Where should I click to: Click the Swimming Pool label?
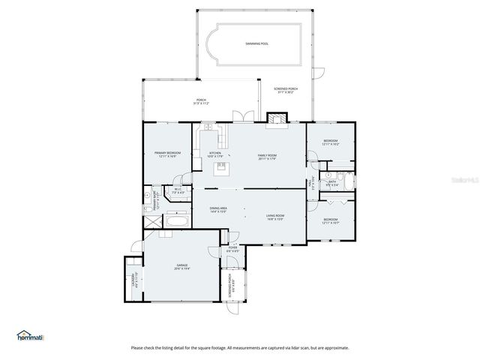(256, 44)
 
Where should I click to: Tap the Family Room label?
(267, 157)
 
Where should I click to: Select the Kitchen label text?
(216, 155)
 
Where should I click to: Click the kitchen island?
(222, 169)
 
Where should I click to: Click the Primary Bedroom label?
(165, 154)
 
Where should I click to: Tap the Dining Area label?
(218, 210)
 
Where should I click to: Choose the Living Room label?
(275, 218)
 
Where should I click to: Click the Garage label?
(182, 266)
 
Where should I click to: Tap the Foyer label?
(232, 250)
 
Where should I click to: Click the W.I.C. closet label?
(178, 191)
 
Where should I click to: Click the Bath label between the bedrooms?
(331, 182)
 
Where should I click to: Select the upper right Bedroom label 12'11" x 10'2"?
(331, 142)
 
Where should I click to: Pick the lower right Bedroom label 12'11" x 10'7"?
(331, 222)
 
